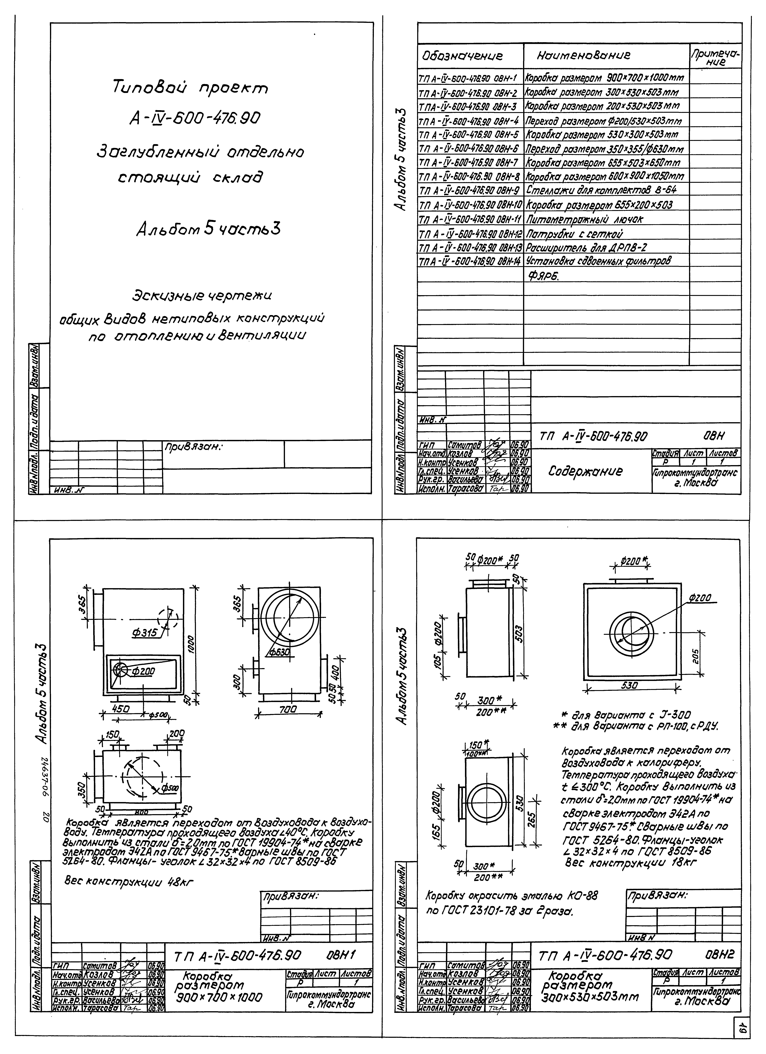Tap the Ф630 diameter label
point(280,653)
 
